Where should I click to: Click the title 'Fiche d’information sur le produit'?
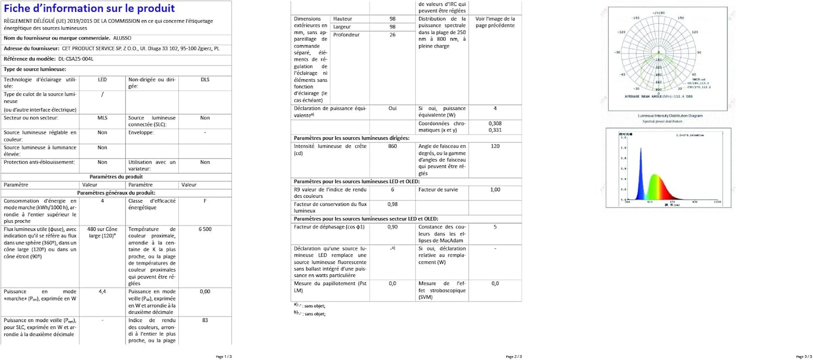pos(89,9)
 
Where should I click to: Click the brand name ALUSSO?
pos(122,38)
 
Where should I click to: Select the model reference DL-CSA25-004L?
pos(76,59)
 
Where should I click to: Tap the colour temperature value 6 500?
pos(205,229)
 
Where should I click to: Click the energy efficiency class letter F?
pos(205,201)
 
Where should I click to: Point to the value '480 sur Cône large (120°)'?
pos(102,232)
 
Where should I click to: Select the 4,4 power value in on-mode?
pos(102,292)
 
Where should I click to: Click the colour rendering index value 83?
pos(205,320)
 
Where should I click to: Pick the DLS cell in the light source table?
pos(205,80)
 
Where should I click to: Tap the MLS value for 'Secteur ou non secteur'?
pos(102,118)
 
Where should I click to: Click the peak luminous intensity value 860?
pos(392,146)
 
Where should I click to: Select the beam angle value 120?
pos(495,146)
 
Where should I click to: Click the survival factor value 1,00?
pos(495,190)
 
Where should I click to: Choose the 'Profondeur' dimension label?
pos(346,35)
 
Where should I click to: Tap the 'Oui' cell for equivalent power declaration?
pos(392,108)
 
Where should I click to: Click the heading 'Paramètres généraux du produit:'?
pos(116,193)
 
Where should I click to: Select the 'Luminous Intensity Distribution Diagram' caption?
pos(669,116)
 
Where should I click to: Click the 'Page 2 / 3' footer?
pos(514,357)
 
